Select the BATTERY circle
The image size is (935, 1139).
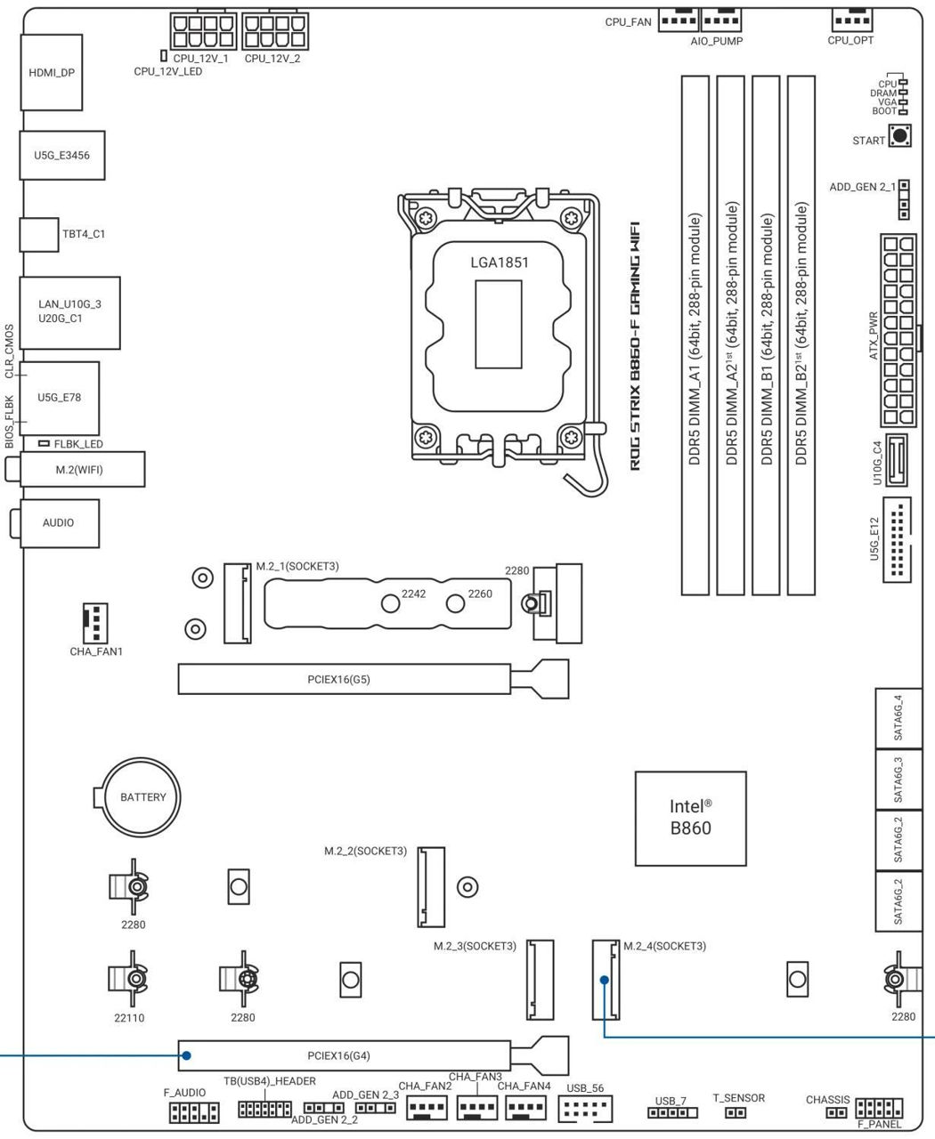(x=142, y=797)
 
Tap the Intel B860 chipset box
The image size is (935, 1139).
(x=690, y=817)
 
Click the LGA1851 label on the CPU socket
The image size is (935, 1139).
(x=500, y=263)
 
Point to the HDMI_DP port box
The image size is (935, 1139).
(x=52, y=72)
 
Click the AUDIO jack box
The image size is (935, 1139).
(x=59, y=522)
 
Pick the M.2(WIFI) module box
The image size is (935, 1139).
(x=78, y=469)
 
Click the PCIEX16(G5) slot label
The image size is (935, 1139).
(x=338, y=680)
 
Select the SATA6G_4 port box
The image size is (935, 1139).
(x=898, y=718)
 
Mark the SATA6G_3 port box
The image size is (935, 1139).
(x=898, y=779)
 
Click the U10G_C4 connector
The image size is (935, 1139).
(x=896, y=459)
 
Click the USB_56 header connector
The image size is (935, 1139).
(x=585, y=1109)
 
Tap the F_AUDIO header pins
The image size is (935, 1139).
(x=194, y=1112)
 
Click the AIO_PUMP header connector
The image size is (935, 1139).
(x=721, y=19)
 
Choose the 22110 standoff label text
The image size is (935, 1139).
(x=129, y=1018)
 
